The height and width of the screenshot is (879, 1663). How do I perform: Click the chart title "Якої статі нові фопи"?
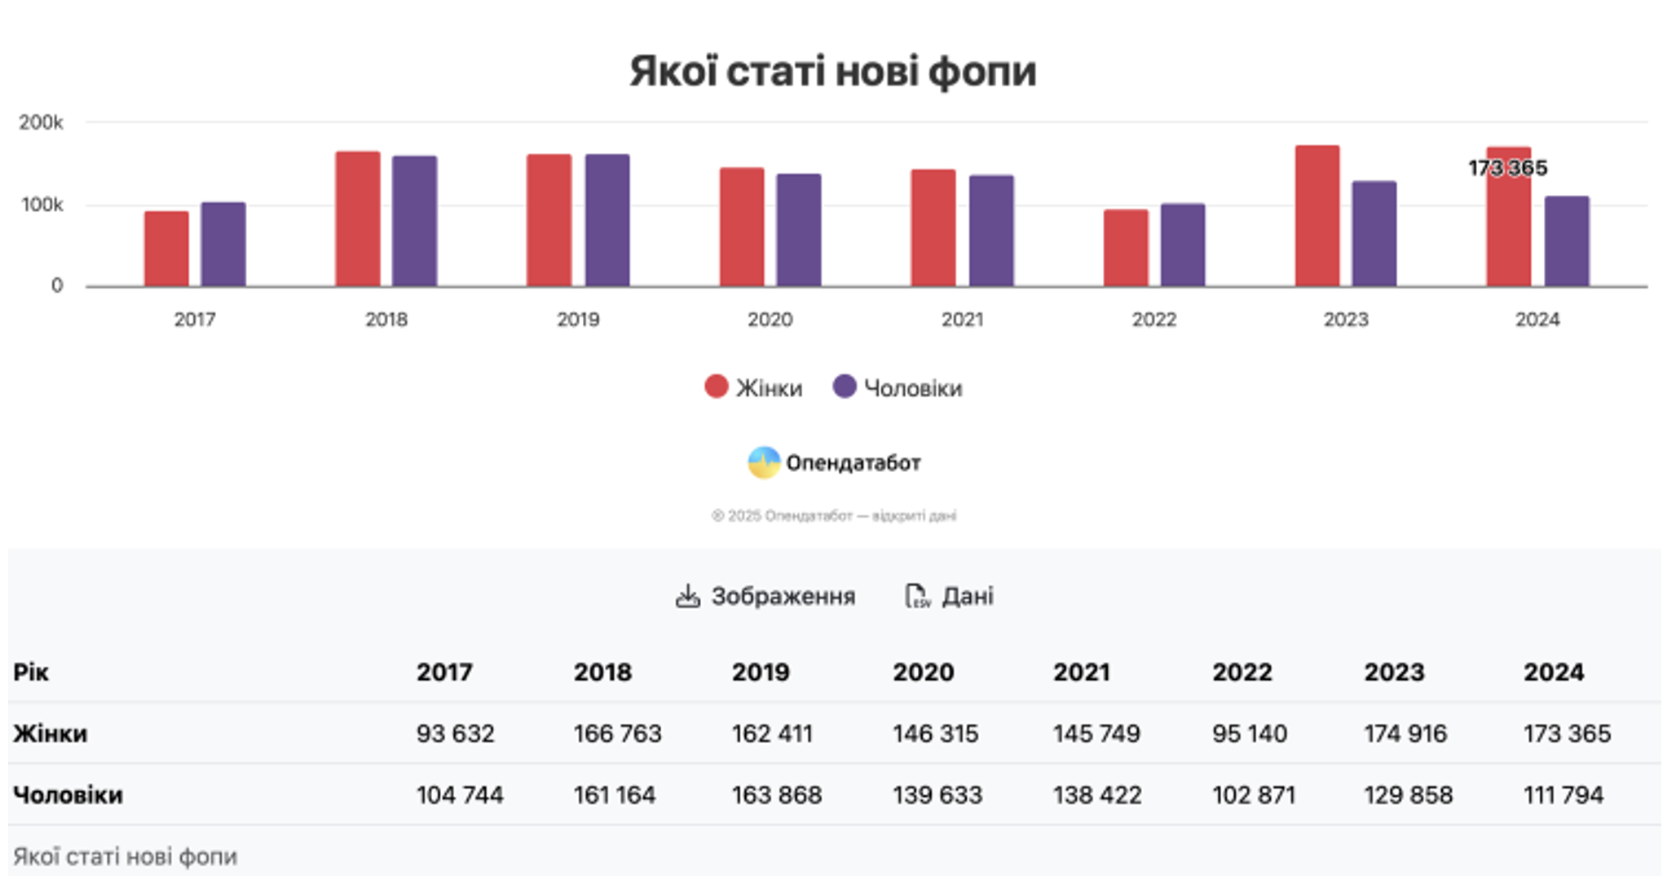[x=832, y=71]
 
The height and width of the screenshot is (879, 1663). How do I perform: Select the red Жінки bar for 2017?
[x=166, y=249]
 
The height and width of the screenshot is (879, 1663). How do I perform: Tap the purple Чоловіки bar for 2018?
[x=414, y=221]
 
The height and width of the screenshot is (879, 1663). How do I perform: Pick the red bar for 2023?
[x=1317, y=216]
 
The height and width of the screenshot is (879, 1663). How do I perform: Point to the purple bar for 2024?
[x=1566, y=241]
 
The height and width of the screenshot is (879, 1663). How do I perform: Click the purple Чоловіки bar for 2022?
[x=1182, y=245]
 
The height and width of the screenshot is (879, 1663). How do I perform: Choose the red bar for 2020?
[x=742, y=227]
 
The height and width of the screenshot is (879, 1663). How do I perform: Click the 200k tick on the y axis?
[x=41, y=122]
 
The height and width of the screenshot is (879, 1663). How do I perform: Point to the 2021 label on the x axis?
[x=962, y=319]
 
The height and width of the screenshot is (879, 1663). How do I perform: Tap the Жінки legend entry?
[x=754, y=387]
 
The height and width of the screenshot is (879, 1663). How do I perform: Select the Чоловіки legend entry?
[x=898, y=387]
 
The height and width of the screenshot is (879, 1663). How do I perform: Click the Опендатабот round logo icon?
[x=764, y=462]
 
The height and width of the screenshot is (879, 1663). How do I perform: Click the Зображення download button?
[x=766, y=596]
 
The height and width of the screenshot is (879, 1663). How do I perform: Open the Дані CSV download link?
[x=950, y=596]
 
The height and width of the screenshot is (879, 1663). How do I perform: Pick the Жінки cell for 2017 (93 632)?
[x=455, y=733]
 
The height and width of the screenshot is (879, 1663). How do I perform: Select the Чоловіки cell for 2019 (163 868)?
[x=776, y=794]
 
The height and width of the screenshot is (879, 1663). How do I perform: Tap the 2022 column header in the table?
[x=1242, y=672]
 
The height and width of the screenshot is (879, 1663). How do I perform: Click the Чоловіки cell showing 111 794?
[x=1563, y=794]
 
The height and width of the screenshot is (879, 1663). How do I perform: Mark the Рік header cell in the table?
[x=31, y=672]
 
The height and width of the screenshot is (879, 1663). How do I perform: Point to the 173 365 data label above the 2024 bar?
[x=1507, y=168]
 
